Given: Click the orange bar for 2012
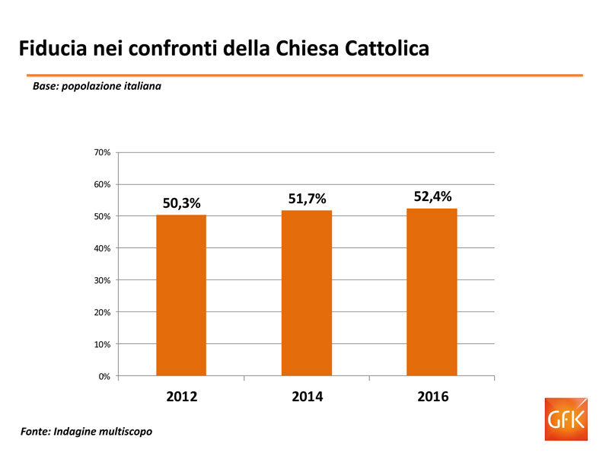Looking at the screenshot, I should (181, 295).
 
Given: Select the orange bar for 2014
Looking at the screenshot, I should (307, 293).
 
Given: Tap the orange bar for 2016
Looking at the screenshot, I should (432, 292).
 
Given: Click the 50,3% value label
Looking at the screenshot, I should (181, 203).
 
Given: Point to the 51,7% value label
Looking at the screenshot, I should (307, 199).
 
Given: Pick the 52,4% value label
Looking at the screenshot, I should (432, 196).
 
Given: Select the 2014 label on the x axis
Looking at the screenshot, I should (307, 397).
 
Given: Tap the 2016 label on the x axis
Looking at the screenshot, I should (432, 397).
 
